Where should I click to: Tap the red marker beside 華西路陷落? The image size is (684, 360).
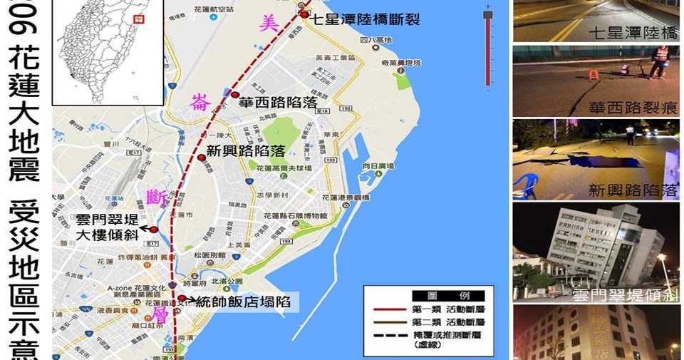point(235,95)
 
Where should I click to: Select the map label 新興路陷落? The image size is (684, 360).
point(246,151)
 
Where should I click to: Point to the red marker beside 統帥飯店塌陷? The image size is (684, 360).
point(182,299)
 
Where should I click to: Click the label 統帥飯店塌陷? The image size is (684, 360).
point(243,302)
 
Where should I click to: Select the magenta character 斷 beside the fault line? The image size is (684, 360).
point(157,195)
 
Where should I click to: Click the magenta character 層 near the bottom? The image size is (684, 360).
point(160,314)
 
